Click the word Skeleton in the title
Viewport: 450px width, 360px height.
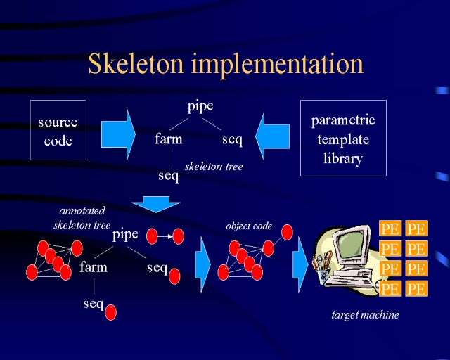coord(136,63)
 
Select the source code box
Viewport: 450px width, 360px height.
coord(58,130)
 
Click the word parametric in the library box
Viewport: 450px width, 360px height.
coord(343,120)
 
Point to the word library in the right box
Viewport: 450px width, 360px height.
coord(343,158)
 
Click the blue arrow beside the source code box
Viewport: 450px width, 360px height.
coord(118,134)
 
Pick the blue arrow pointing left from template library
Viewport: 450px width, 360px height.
coord(272,136)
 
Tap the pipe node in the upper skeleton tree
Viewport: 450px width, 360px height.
coord(200,107)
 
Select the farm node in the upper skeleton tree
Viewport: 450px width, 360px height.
coord(169,139)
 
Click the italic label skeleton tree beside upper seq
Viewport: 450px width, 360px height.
coord(214,167)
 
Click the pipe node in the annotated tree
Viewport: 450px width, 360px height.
coord(125,235)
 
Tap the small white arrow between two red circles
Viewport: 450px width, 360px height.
coord(165,236)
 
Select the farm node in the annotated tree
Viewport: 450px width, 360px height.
coord(94,267)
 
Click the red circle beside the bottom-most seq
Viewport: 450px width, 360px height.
coord(111,312)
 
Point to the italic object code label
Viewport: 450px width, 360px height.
coord(249,226)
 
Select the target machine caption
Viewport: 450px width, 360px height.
coord(365,315)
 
